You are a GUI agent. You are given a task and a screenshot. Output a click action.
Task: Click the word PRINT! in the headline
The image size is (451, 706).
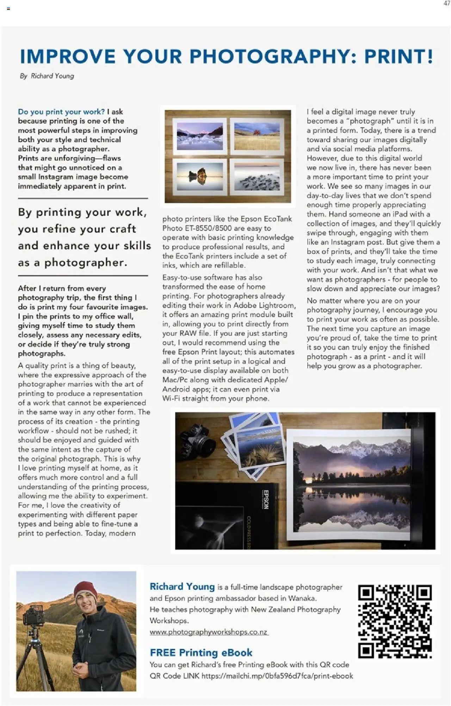399,57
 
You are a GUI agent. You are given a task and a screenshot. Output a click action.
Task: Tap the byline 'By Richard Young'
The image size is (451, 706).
47,76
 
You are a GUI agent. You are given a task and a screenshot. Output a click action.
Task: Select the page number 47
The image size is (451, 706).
447,4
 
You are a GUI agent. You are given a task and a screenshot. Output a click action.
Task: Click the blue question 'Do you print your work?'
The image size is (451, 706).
61,112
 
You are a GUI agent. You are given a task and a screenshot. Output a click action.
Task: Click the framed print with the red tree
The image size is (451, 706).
257,136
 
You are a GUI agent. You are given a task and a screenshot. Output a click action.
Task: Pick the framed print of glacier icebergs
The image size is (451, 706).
200,136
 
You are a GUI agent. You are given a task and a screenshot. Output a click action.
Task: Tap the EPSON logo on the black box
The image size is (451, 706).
266,499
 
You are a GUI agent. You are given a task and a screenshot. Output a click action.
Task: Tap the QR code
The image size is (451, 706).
395,621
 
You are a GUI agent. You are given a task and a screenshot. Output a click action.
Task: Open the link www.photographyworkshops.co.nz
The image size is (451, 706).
209,632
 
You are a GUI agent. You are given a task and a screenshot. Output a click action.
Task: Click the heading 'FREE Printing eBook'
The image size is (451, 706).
201,652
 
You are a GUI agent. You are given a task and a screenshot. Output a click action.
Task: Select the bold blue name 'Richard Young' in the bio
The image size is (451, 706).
182,587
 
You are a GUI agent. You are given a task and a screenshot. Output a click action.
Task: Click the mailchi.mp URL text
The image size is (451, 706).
277,676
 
